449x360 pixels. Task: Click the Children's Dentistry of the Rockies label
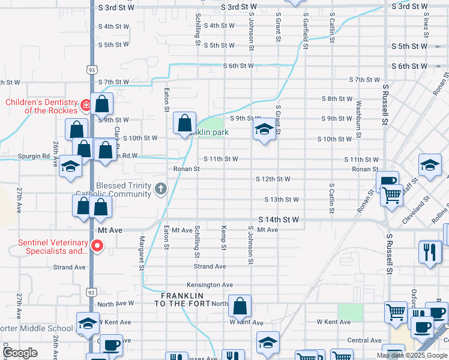(x=41, y=106)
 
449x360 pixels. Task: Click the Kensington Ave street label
(x=209, y=285)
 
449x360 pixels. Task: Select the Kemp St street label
(x=223, y=238)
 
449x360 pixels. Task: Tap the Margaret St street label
(x=142, y=253)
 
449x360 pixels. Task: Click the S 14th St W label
(x=279, y=220)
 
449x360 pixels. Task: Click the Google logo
(x=20, y=353)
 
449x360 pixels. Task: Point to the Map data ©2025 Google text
(x=412, y=355)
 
